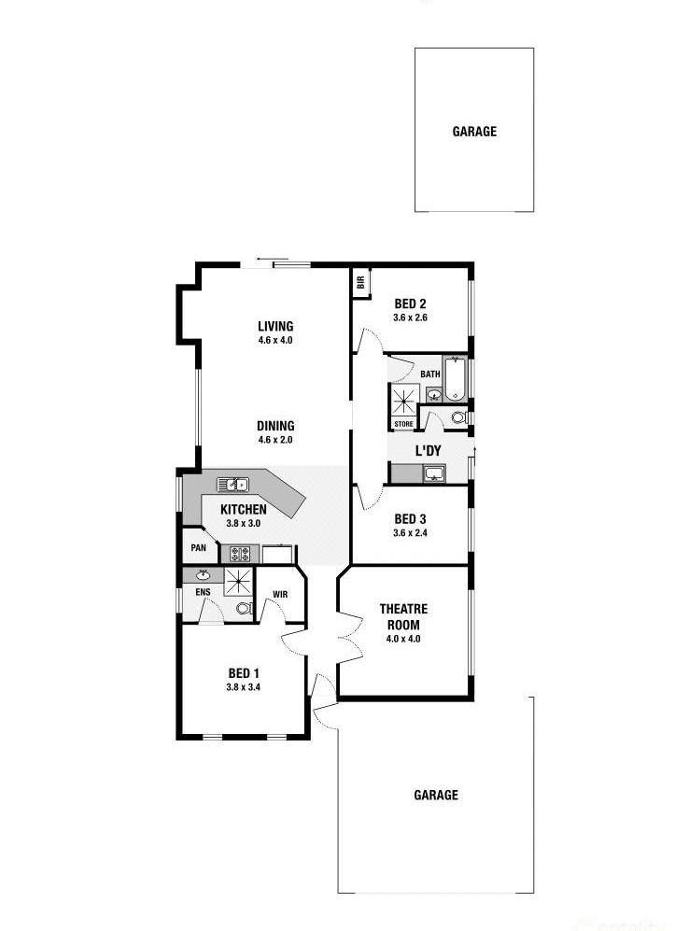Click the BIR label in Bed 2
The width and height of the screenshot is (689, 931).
(x=360, y=282)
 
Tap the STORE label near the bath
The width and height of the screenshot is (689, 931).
(x=403, y=424)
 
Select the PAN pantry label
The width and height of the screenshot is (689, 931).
(x=198, y=547)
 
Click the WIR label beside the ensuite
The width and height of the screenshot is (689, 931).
(x=280, y=594)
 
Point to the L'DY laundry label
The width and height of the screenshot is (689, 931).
(x=428, y=451)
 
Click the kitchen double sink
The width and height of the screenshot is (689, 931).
(x=232, y=485)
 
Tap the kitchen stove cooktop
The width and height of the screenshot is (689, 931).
(x=240, y=554)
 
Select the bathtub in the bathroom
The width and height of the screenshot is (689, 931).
(x=456, y=378)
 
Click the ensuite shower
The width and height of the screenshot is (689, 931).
(x=238, y=582)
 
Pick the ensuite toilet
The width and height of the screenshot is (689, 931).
(x=244, y=609)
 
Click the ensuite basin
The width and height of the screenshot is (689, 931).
(x=203, y=574)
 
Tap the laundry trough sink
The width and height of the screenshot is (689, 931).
(x=435, y=473)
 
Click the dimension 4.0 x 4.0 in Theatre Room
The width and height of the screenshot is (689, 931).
(x=403, y=639)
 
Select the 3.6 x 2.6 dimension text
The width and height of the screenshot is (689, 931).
(x=410, y=317)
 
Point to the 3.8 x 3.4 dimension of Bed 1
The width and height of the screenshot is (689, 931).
(x=244, y=687)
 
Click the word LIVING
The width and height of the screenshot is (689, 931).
(x=275, y=326)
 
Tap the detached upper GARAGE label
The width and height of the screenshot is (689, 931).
(x=474, y=132)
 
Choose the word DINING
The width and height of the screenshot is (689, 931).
(x=275, y=426)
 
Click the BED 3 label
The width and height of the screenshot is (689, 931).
(x=410, y=519)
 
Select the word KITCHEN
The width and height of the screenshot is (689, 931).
(x=244, y=510)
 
